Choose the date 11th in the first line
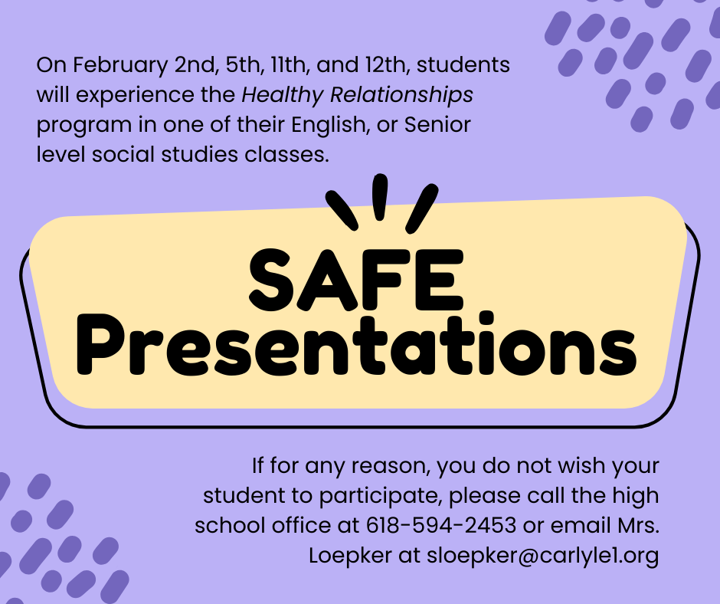[289, 66]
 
